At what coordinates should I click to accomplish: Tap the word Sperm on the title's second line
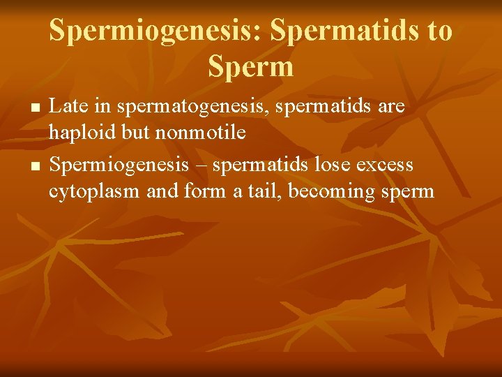pyautogui.click(x=250, y=68)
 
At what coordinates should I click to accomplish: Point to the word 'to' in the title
pyautogui.click(x=439, y=31)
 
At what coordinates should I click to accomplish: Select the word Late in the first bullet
pyautogui.click(x=66, y=107)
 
